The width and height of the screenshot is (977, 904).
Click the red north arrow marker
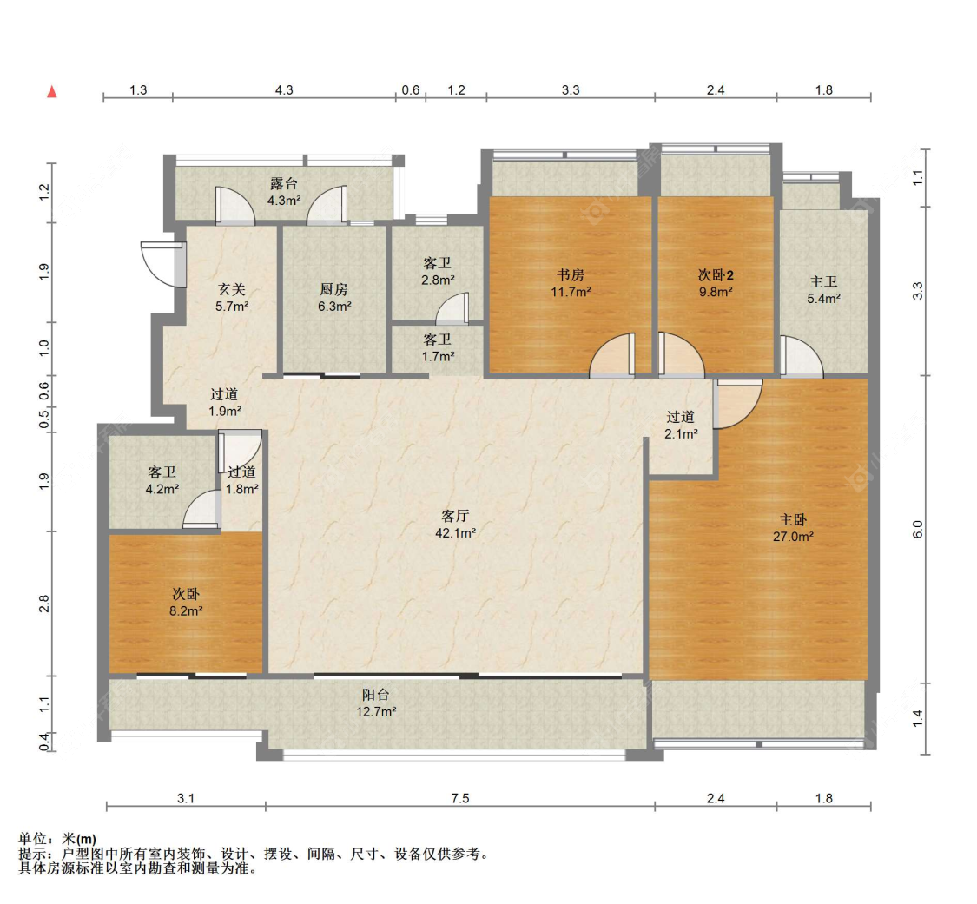[x=52, y=91]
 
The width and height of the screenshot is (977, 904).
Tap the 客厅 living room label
[x=455, y=516]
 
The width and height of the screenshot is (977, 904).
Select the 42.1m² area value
[x=455, y=532]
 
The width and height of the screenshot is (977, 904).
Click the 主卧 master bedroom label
[x=793, y=519]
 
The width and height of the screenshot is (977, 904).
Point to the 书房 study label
[x=571, y=274]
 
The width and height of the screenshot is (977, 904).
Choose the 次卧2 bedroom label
[x=716, y=274]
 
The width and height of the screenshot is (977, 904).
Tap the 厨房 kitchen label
[x=334, y=289]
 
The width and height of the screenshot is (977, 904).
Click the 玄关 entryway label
[x=232, y=289]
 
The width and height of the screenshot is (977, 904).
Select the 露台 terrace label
[x=284, y=184]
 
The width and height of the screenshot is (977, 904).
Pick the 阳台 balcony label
[x=376, y=695]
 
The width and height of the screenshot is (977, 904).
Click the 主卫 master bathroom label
[x=823, y=281]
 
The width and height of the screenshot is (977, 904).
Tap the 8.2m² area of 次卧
[x=186, y=611]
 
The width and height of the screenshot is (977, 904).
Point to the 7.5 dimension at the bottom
[x=459, y=798]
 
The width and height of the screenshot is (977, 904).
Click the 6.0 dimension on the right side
[x=917, y=530]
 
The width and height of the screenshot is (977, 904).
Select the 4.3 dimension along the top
[x=284, y=89]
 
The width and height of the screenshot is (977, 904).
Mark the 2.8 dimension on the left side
[x=43, y=604]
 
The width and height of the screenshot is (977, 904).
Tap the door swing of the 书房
[x=612, y=356]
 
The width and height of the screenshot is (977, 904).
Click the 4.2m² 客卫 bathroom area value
[x=162, y=489]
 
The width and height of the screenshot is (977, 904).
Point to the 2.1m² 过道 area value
[x=681, y=433]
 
